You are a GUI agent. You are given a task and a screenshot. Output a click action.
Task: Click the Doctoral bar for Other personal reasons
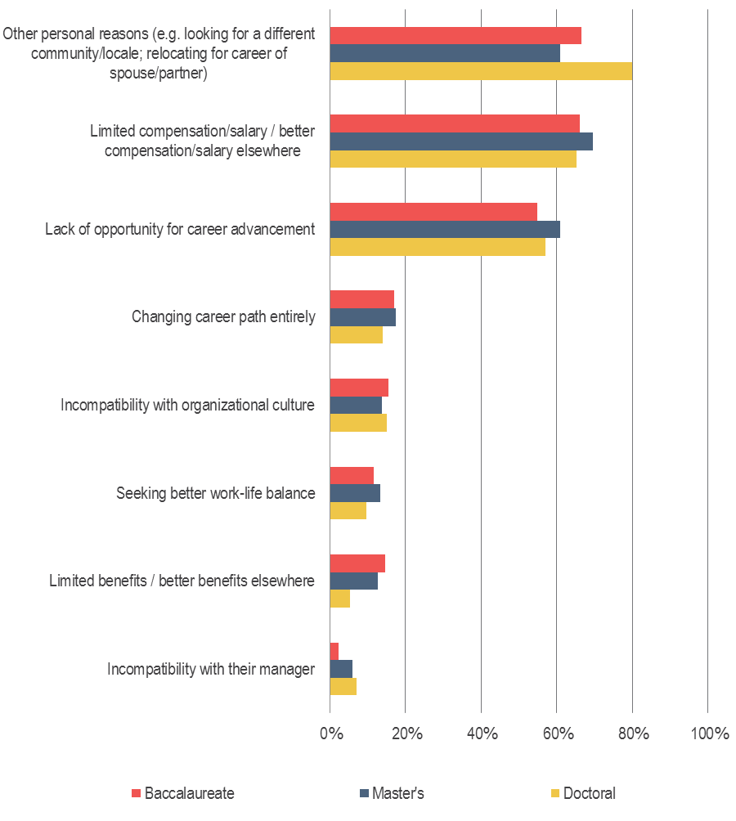pyautogui.click(x=481, y=71)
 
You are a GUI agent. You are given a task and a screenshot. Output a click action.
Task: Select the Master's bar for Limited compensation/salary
pyautogui.click(x=461, y=141)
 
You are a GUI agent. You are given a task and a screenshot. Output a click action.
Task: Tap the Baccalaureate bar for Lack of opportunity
pyautogui.click(x=433, y=211)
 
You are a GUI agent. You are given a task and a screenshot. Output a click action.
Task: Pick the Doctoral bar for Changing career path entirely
pyautogui.click(x=356, y=335)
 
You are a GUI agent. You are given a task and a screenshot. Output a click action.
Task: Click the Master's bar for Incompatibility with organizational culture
pyautogui.click(x=356, y=405)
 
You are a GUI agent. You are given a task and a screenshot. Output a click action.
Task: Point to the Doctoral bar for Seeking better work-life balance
pyautogui.click(x=348, y=511)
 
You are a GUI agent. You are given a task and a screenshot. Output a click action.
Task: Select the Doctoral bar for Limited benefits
pyautogui.click(x=339, y=599)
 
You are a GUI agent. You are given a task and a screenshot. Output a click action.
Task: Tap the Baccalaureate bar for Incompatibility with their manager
pyautogui.click(x=334, y=651)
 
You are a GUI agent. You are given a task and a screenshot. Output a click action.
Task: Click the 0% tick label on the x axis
pyautogui.click(x=330, y=734)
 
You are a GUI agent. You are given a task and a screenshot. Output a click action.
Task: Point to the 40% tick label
pyautogui.click(x=482, y=734)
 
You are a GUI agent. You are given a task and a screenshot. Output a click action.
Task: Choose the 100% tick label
pyautogui.click(x=709, y=734)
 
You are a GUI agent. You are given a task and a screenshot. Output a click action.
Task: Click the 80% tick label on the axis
pyautogui.click(x=633, y=734)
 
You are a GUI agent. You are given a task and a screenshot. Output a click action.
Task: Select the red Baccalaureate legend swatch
pyautogui.click(x=136, y=793)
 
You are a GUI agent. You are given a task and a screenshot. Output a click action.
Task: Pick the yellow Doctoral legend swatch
pyautogui.click(x=554, y=793)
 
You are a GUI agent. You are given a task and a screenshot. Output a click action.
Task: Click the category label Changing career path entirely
pyautogui.click(x=223, y=317)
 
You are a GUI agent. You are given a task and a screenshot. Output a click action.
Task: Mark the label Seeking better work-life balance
pyautogui.click(x=215, y=493)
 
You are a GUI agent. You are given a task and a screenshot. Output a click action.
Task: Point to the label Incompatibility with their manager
pyautogui.click(x=211, y=670)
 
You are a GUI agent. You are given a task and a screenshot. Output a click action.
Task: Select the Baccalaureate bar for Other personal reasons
pyautogui.click(x=456, y=35)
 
